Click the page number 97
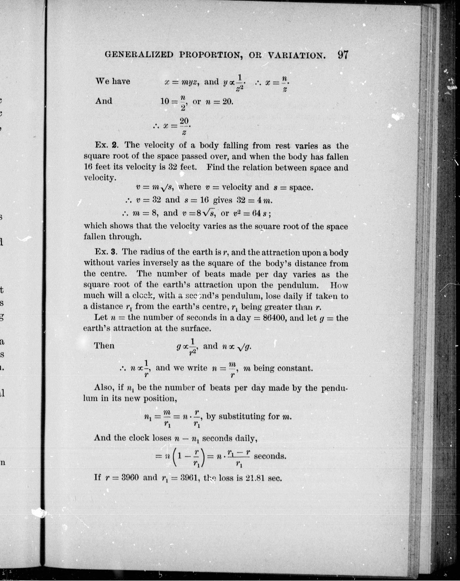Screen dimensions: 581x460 (342, 55)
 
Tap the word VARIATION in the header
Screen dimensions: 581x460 (296, 55)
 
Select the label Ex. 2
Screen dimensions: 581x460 (107, 145)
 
